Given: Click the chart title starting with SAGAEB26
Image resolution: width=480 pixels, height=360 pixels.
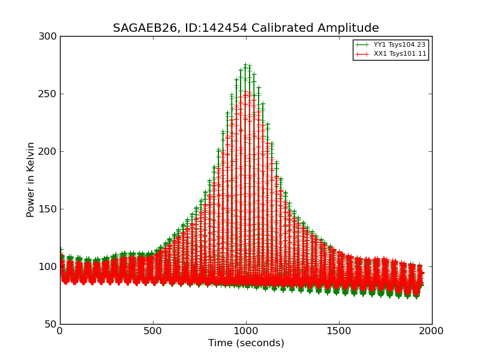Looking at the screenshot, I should (x=246, y=28).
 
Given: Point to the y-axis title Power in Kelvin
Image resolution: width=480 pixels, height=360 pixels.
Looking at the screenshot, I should (x=31, y=179).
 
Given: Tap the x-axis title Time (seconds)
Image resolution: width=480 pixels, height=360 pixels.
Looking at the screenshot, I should (x=246, y=343).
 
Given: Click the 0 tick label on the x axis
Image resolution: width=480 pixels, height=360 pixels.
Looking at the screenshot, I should (x=60, y=331).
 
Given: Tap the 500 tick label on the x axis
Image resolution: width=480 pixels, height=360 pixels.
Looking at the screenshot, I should (x=153, y=331).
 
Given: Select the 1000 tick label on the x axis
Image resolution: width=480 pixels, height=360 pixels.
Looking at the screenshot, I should (x=246, y=331).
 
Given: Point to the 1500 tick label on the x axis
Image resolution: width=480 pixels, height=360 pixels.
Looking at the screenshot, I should (x=339, y=331).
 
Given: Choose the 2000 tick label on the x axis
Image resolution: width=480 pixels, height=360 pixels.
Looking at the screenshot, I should (x=432, y=331).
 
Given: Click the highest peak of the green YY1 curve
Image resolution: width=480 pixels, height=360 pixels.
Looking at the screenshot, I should (x=245, y=65).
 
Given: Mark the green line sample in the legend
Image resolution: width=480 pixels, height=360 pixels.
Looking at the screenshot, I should (x=362, y=44).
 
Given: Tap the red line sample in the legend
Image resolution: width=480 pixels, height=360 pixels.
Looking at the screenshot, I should (x=362, y=54).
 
